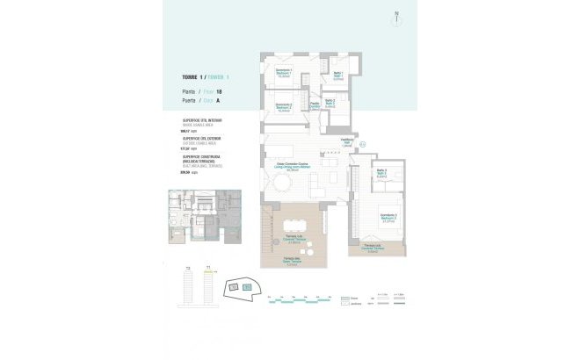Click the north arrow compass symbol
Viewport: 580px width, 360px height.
(396, 14)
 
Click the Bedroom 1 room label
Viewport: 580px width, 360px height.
(284, 72)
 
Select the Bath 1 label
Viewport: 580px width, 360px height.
(337, 76)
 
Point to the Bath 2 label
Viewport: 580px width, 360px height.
(330, 103)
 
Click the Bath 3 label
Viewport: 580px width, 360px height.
(382, 173)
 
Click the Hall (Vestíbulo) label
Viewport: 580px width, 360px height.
(346, 143)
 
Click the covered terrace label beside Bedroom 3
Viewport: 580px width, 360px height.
(371, 248)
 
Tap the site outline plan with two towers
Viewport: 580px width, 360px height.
(242, 285)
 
